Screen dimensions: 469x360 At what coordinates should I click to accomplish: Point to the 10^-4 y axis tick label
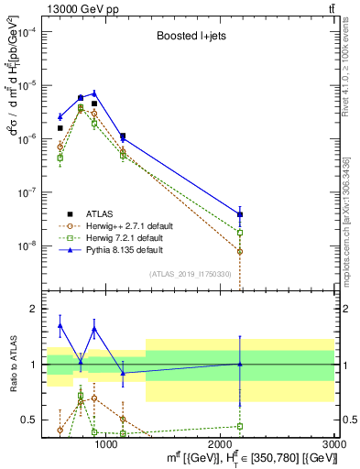click(26, 31)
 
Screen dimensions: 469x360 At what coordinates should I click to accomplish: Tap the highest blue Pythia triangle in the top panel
click(94, 93)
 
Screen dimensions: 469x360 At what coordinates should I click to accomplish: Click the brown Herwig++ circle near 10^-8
click(240, 251)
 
